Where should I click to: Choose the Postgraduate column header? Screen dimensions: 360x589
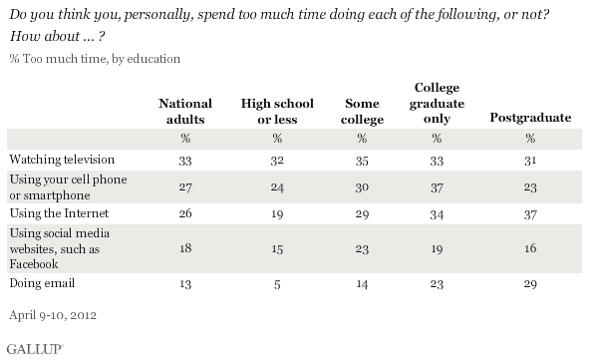pyautogui.click(x=530, y=118)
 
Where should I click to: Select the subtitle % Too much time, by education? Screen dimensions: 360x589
pyautogui.click(x=95, y=60)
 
